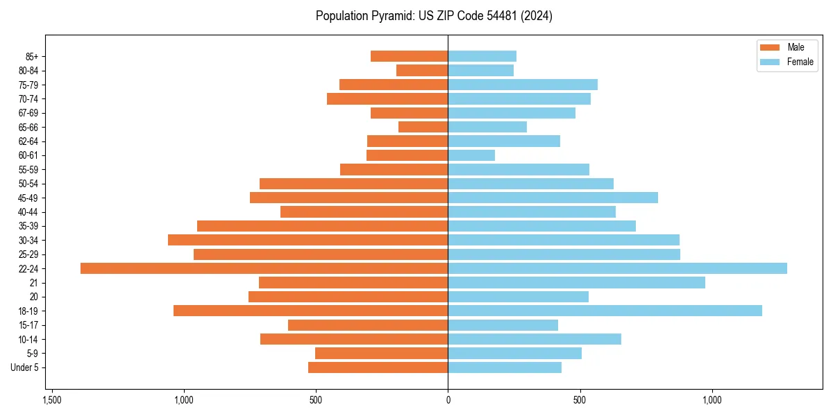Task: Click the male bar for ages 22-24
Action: tap(264, 268)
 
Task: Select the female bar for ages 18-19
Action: tap(605, 311)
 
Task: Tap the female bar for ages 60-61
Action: tap(471, 155)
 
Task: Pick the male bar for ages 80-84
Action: tap(422, 70)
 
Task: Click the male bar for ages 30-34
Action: tap(308, 240)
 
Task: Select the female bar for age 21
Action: tap(576, 282)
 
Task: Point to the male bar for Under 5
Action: tap(378, 367)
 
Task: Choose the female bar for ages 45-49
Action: tap(553, 198)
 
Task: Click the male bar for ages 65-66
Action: tap(423, 127)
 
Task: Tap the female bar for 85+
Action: tap(482, 56)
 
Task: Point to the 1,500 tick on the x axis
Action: tap(51, 400)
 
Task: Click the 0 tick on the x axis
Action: tap(448, 400)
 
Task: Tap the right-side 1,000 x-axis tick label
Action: tap(712, 400)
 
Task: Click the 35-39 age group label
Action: tap(28, 226)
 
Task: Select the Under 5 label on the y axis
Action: tap(24, 367)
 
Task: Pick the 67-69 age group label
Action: tap(28, 113)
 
